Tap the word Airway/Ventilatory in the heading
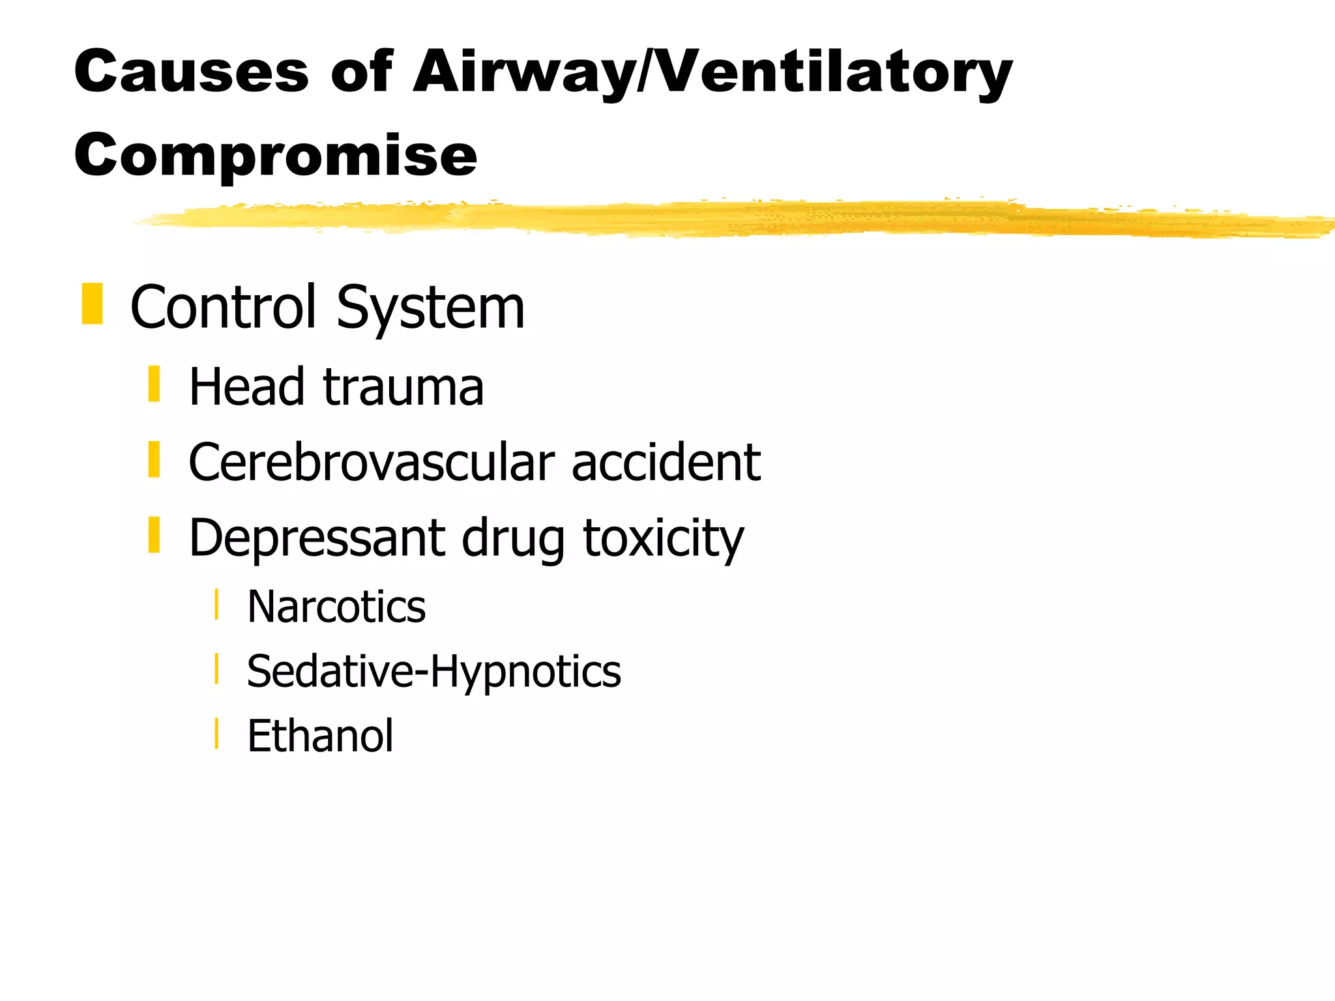[712, 73]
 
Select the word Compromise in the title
[276, 156]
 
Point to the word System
[430, 309]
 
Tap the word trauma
[403, 388]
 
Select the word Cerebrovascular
[371, 462]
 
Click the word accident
[666, 462]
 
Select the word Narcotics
[336, 607]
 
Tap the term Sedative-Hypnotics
[433, 672]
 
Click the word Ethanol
[320, 736]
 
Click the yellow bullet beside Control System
[92, 304]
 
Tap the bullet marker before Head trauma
[154, 384]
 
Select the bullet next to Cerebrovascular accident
[154, 459]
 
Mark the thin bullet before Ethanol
[216, 733]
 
